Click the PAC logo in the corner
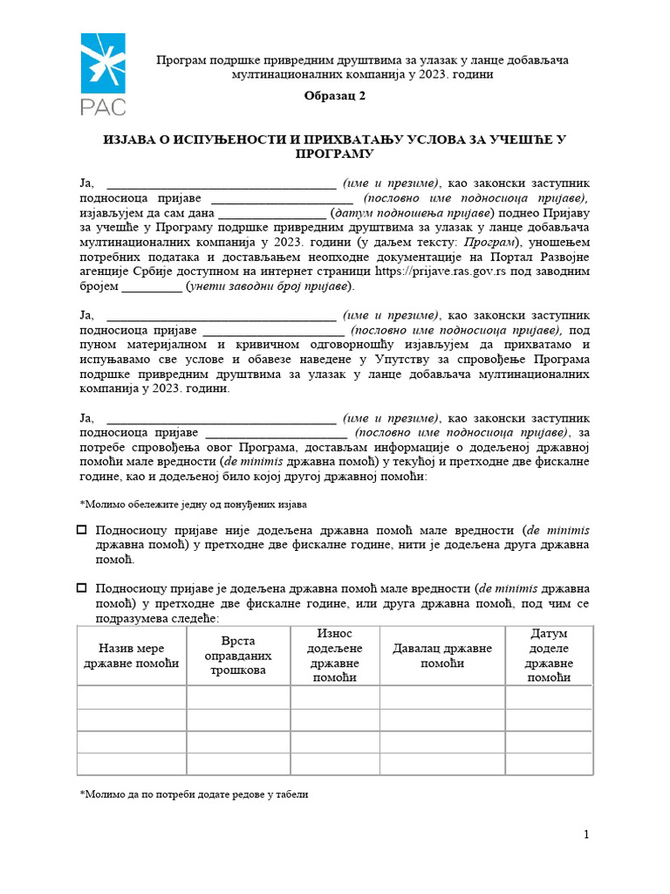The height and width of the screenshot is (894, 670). point(103,75)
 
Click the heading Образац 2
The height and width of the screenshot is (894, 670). point(335,98)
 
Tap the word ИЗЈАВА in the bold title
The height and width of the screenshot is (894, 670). point(129,140)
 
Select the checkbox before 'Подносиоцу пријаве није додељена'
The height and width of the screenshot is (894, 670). point(83,530)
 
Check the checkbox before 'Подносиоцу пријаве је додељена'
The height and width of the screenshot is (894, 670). point(83,588)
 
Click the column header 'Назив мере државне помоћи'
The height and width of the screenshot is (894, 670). point(132,657)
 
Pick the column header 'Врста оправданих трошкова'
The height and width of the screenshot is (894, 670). point(238,656)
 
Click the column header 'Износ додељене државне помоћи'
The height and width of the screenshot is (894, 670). point(335,656)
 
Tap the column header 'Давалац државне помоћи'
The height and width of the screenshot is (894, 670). point(442,657)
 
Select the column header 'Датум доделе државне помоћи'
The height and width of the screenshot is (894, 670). point(549,656)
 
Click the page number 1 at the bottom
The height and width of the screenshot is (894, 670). point(587,836)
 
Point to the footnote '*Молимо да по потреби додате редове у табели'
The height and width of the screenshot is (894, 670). point(194,795)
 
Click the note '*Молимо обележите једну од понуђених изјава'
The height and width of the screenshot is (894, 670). point(193,505)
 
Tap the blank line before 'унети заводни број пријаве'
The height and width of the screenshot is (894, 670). point(152,286)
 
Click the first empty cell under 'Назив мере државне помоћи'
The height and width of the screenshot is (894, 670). point(132,698)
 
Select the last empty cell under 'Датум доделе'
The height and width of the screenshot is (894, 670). point(549,764)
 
